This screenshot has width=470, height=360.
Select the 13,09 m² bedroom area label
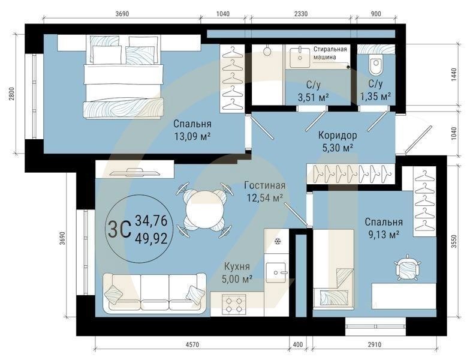tap(192, 136)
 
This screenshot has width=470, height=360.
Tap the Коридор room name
tap(338, 136)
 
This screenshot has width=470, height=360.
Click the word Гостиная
tap(264, 185)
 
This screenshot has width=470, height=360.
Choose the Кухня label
tap(237, 266)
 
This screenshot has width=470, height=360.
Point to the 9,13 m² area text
tap(383, 235)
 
